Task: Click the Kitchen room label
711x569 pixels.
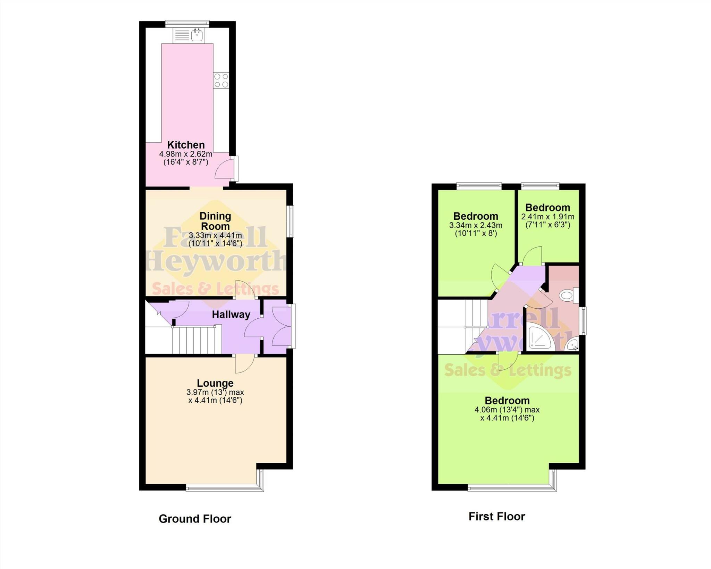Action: (x=186, y=145)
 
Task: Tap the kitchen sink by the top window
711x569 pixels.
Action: (x=197, y=35)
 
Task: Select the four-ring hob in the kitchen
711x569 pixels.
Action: (x=221, y=80)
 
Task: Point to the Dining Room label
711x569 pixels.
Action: (x=215, y=221)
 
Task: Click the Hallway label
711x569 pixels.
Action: (x=231, y=315)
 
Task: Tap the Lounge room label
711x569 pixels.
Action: (x=215, y=383)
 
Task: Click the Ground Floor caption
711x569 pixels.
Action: (x=195, y=519)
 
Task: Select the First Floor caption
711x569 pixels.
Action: (x=496, y=516)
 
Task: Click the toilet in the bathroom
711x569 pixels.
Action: (x=568, y=296)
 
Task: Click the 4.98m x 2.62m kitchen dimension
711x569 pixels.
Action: (x=186, y=154)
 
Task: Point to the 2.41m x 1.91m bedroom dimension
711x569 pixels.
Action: (x=547, y=217)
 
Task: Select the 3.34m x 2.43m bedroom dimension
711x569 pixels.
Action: (x=476, y=225)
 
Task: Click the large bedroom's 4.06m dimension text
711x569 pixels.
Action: (x=507, y=410)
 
